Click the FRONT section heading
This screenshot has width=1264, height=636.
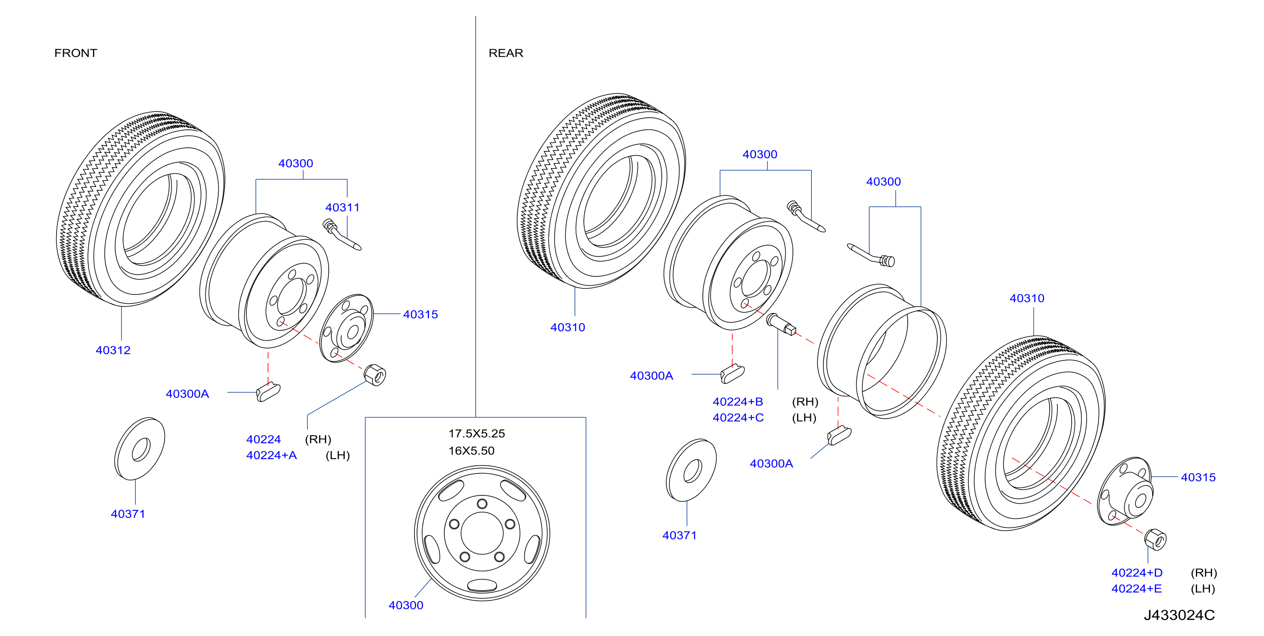point(75,53)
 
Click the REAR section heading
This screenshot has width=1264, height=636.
point(506,53)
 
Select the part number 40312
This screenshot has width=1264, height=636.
point(113,350)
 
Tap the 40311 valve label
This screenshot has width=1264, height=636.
point(342,207)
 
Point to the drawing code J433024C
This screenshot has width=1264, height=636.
point(1179,615)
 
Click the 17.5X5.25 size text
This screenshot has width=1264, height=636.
point(477,433)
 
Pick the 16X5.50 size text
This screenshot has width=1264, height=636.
point(471,450)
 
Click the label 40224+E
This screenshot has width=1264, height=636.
point(1136,588)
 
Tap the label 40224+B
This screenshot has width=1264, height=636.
point(738,402)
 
